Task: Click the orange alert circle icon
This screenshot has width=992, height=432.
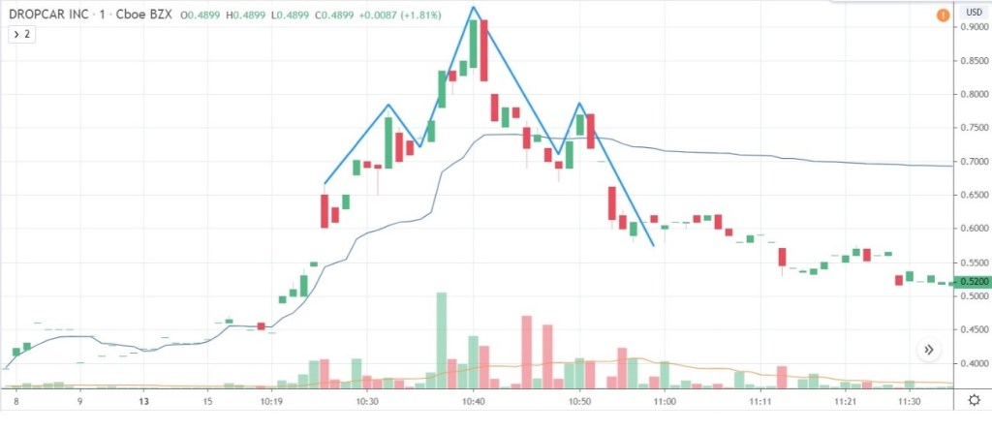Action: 943,15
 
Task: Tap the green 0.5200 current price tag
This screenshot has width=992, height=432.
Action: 972,282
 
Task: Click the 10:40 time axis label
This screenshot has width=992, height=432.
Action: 473,401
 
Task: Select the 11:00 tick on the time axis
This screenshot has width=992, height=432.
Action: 664,401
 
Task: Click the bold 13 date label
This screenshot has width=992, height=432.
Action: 143,401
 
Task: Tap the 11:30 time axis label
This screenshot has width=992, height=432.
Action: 911,401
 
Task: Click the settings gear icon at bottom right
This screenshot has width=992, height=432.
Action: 973,400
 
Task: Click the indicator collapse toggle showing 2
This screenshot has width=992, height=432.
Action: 22,34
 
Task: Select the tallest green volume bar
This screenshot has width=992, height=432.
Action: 442,339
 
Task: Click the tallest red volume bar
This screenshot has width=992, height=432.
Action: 527,351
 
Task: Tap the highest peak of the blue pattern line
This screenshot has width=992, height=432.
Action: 474,8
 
